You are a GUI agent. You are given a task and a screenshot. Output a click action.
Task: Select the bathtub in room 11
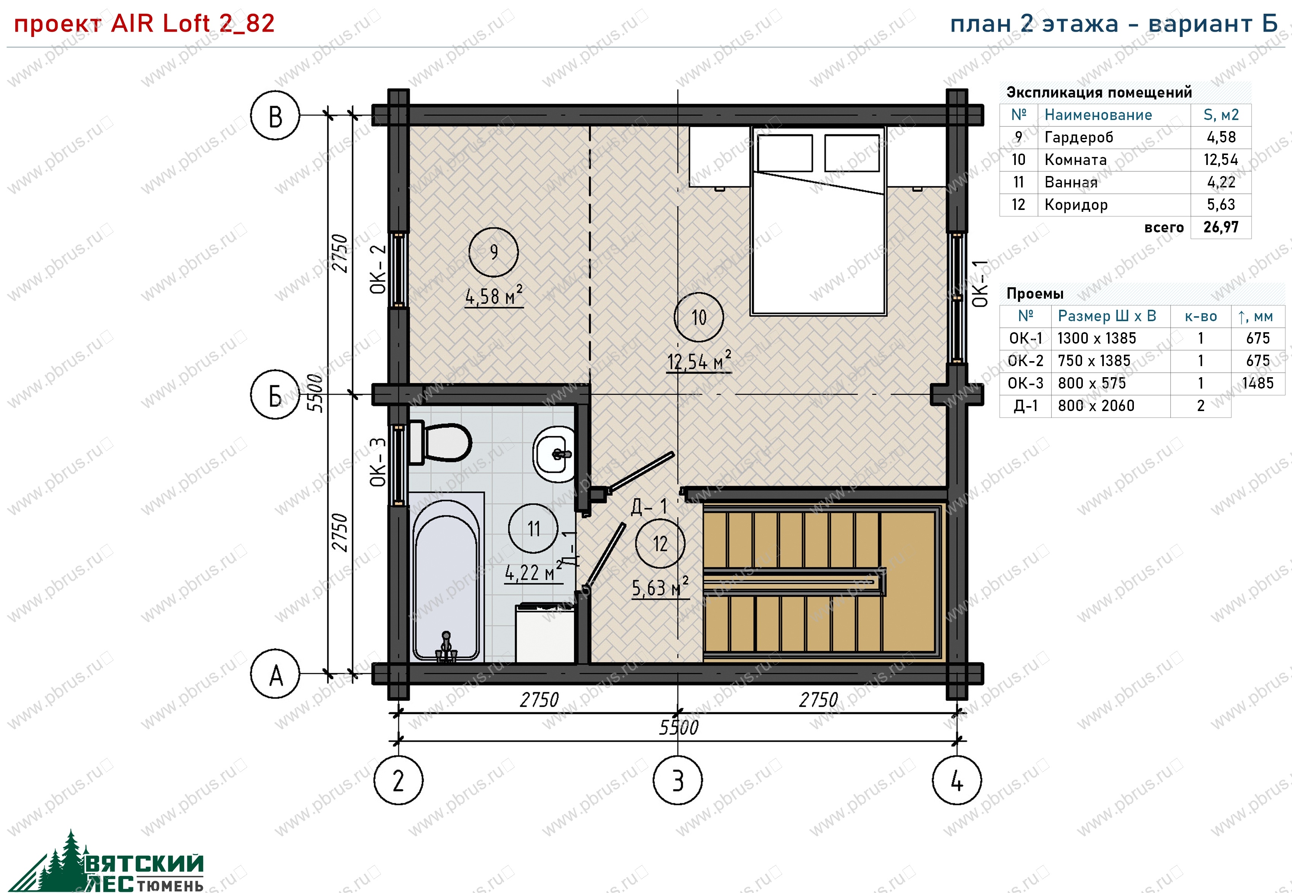pyautogui.click(x=447, y=577)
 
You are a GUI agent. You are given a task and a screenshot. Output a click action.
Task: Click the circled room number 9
pyautogui.click(x=493, y=252)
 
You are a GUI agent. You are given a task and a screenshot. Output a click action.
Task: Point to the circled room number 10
pyautogui.click(x=699, y=317)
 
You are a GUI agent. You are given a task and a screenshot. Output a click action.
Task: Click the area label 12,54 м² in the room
pyautogui.click(x=699, y=361)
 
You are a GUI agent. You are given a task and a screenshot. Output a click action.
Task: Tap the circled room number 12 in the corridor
pyautogui.click(x=660, y=543)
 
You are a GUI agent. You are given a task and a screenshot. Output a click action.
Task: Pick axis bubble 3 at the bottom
pyautogui.click(x=677, y=780)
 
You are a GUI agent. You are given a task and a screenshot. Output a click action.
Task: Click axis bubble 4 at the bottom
pyautogui.click(x=957, y=780)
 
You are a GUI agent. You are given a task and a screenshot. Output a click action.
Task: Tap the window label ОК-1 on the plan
pyautogui.click(x=980, y=284)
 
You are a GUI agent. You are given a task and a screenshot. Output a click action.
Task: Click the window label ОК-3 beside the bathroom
pyautogui.click(x=378, y=462)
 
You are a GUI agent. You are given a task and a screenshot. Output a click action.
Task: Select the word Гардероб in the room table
pyautogui.click(x=1079, y=138)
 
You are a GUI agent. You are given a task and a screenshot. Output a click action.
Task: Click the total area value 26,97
pyautogui.click(x=1221, y=227)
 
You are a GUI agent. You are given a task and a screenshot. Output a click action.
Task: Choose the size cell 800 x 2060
pyautogui.click(x=1096, y=406)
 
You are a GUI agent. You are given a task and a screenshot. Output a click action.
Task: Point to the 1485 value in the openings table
pyautogui.click(x=1258, y=383)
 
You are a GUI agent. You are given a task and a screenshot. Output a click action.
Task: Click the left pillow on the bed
pyautogui.click(x=784, y=153)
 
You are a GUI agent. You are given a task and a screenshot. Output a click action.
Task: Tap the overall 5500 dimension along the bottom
pyautogui.click(x=679, y=727)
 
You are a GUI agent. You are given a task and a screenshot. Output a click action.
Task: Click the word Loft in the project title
pyautogui.click(x=187, y=24)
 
